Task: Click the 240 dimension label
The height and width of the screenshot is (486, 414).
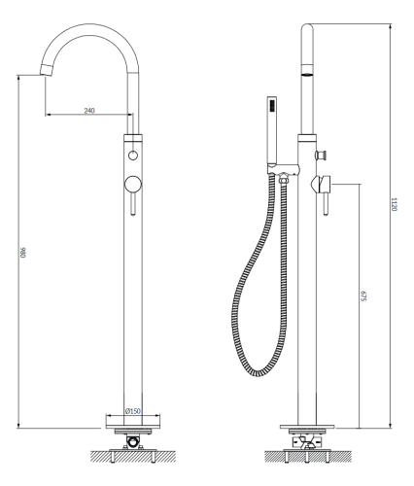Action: click(89, 111)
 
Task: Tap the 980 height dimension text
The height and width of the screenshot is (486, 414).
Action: click(22, 252)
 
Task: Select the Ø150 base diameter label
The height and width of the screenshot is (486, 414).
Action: click(133, 411)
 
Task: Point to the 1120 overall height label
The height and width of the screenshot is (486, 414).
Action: click(394, 204)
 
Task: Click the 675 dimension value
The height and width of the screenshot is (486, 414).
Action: click(362, 296)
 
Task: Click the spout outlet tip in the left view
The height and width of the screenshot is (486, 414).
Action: click(46, 70)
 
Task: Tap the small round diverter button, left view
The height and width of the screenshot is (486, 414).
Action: click(133, 156)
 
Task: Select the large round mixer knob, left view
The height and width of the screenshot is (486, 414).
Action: click(133, 185)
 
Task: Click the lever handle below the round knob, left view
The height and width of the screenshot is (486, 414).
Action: click(133, 204)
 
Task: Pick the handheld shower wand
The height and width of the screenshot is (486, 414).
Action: click(272, 129)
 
